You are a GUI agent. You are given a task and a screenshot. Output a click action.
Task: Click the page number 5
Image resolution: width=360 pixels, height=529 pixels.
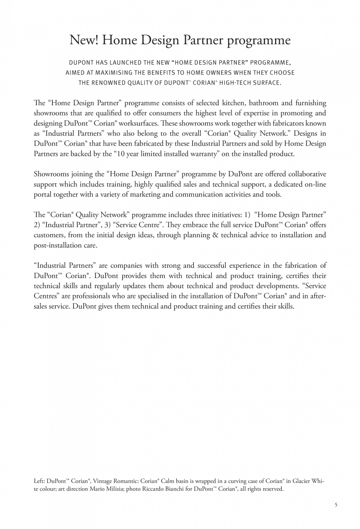[x=336, y=505]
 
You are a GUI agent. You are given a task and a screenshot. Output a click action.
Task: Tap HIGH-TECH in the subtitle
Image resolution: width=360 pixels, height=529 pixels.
[x=249, y=83]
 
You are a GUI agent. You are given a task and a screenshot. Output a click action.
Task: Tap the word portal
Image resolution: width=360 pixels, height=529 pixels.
[x=43, y=194]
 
